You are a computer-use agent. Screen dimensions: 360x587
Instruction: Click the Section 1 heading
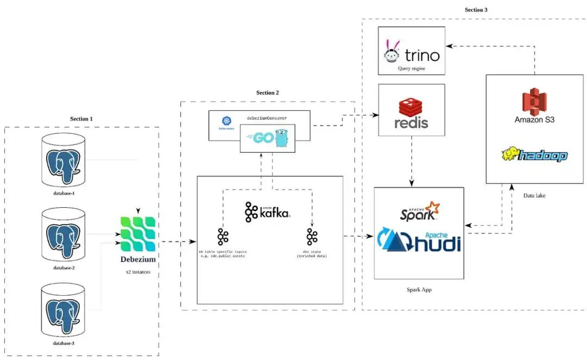coord(81,119)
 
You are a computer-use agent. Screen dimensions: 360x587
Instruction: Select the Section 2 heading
coord(267,93)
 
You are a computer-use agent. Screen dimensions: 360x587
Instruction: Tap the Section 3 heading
coord(476,10)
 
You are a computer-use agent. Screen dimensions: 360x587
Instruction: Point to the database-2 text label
coord(64,268)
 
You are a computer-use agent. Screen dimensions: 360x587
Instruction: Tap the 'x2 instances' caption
coord(138,272)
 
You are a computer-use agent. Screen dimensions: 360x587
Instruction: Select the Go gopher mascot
coord(281,138)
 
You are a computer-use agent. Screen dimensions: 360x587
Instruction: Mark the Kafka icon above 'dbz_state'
coord(312,237)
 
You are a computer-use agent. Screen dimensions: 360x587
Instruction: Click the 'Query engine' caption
coord(411,70)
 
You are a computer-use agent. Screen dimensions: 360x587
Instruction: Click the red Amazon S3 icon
coord(534,102)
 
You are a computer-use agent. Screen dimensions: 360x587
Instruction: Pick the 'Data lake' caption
coord(535,195)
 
